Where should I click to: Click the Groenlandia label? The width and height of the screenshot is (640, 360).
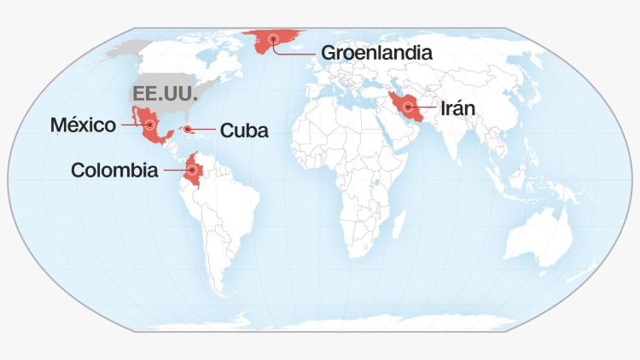(376, 52)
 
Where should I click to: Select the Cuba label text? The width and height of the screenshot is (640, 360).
(244, 131)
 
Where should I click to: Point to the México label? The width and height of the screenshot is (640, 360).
(83, 125)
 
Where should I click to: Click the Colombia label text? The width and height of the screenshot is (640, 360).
(114, 171)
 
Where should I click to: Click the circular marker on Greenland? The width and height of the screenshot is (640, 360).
(273, 38)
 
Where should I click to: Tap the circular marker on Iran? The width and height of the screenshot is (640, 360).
(410, 107)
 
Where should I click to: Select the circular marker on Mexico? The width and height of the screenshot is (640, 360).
(150, 125)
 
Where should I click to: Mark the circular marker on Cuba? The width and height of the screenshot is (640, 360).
(187, 131)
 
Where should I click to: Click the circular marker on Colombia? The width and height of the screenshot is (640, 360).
(193, 171)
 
